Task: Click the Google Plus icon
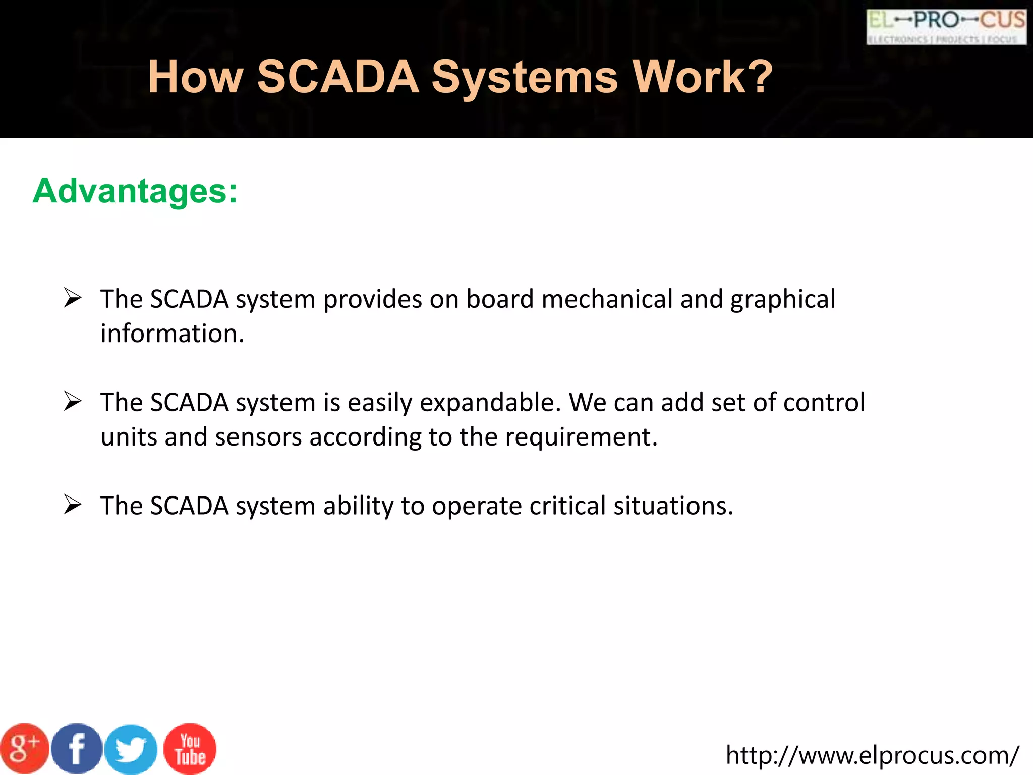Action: coord(24,749)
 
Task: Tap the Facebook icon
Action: coord(77,749)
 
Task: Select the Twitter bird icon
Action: coord(131,750)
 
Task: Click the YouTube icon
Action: coord(190,749)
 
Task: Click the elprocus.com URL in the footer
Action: coord(872,755)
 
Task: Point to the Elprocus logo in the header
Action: coord(946,27)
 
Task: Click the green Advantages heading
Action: coord(135,191)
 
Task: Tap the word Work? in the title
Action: coord(702,77)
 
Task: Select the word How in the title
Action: coord(195,77)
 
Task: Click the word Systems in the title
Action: coord(525,78)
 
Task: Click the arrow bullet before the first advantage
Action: coord(73,298)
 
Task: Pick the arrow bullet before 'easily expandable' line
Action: coord(73,401)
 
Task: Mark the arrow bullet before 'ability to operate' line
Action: coord(73,505)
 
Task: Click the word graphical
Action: coord(783,300)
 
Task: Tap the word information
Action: coord(172,334)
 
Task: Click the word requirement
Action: coord(581,437)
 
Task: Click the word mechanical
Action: coord(607,299)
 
